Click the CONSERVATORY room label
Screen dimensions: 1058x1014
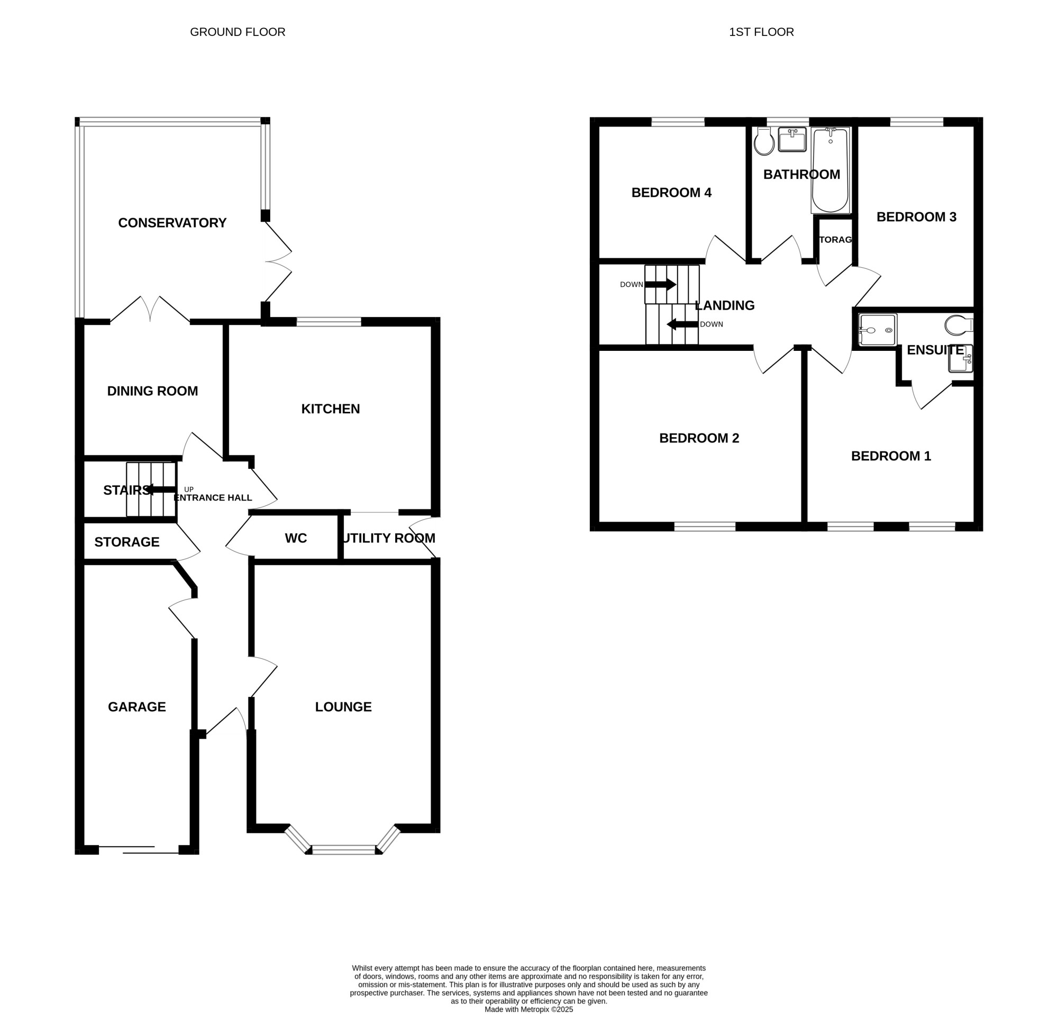(x=172, y=223)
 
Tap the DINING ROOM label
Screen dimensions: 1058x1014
(x=152, y=392)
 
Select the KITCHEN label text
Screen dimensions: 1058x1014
(x=330, y=409)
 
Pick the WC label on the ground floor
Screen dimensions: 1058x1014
(x=296, y=538)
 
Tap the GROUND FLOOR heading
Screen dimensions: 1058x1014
(x=238, y=32)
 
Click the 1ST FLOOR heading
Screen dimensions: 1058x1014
(x=761, y=32)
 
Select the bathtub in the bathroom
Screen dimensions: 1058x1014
(x=830, y=170)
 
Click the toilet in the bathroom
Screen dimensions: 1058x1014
(x=764, y=141)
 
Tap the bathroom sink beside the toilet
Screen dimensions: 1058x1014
(x=792, y=139)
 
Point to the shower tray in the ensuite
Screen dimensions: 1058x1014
(x=878, y=330)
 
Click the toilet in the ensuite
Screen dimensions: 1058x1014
(x=959, y=325)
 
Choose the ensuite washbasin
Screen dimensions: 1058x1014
(x=961, y=358)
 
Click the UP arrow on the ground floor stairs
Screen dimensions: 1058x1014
(x=160, y=490)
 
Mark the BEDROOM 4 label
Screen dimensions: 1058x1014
(x=671, y=193)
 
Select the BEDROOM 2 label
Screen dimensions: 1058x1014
(x=699, y=438)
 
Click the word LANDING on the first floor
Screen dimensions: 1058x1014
(x=725, y=305)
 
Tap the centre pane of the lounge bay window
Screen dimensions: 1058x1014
(x=343, y=850)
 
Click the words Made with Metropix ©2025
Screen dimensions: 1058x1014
(x=528, y=1009)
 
